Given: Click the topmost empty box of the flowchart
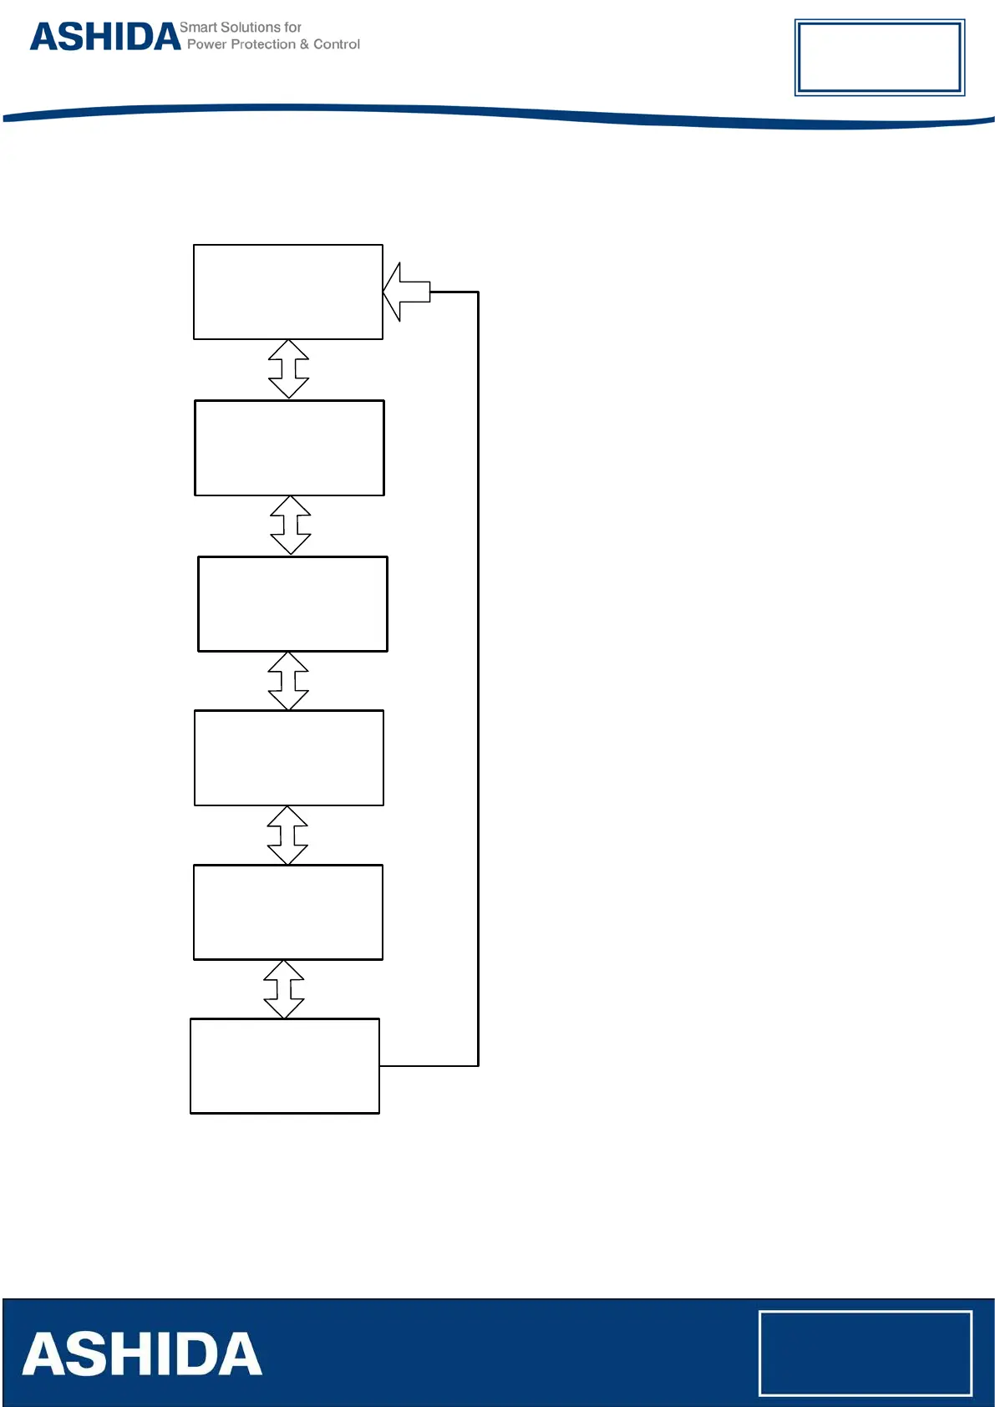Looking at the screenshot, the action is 288,292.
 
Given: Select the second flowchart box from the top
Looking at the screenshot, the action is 289,448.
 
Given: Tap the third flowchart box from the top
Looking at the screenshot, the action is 292,603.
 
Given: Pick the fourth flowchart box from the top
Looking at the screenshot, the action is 289,758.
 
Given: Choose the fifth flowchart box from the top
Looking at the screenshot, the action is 288,912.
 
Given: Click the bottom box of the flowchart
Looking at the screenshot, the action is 285,1066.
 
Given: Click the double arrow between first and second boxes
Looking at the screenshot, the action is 289,368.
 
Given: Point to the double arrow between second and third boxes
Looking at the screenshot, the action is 291,525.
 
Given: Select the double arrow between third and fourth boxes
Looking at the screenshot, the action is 289,681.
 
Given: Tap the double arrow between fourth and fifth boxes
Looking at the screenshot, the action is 287,835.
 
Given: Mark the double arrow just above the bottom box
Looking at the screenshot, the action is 284,989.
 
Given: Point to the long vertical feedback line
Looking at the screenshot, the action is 478,668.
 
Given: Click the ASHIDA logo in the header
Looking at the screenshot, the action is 105,38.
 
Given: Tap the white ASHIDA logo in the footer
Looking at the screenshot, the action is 142,1354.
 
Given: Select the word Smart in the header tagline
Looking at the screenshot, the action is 197,28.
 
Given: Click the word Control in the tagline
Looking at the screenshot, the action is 337,44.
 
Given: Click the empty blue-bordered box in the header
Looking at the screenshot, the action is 880,57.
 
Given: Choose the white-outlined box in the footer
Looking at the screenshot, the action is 866,1354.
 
